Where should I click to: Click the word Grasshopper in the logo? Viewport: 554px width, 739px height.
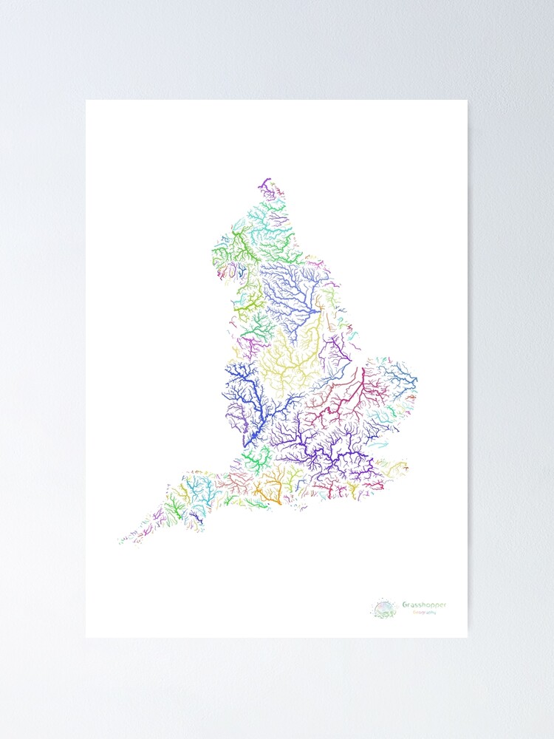click(425, 605)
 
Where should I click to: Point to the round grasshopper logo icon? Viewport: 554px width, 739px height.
click(385, 609)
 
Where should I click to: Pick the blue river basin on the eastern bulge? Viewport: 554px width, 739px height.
click(395, 373)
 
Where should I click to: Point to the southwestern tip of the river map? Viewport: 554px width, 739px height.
click(120, 542)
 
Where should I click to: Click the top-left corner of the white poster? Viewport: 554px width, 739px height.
click(86, 101)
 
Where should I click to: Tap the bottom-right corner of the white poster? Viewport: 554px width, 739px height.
click(467, 636)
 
